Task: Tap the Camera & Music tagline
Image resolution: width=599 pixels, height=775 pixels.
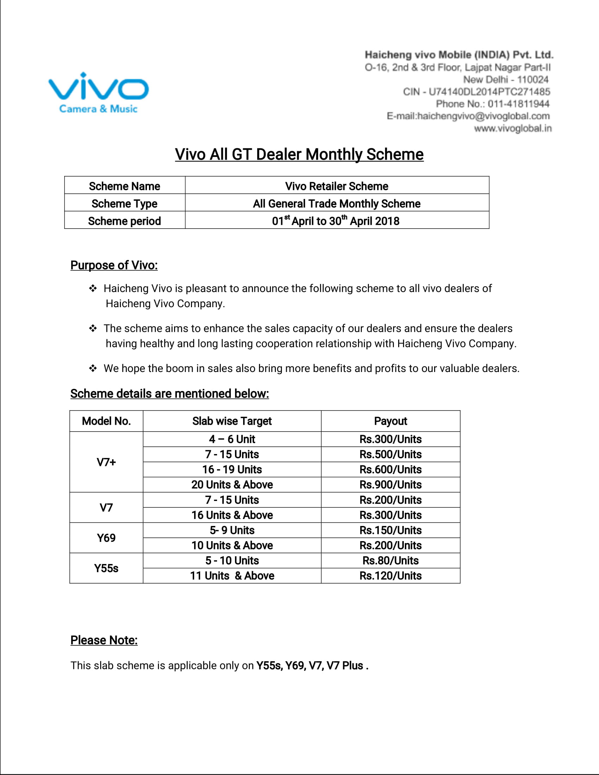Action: click(x=98, y=108)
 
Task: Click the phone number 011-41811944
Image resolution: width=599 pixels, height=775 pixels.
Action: click(x=518, y=104)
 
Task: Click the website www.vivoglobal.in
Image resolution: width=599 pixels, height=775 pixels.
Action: click(x=513, y=128)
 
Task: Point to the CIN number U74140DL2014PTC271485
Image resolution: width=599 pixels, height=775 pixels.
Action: click(x=489, y=92)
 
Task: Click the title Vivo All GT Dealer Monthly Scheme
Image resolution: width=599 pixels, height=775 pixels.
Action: click(x=299, y=154)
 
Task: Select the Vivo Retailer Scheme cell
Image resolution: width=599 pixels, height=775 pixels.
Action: click(x=336, y=186)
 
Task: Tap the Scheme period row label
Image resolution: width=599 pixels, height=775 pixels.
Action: click(x=124, y=221)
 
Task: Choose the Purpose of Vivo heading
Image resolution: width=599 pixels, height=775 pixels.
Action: click(x=114, y=265)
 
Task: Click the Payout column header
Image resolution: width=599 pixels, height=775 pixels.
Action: click(x=390, y=421)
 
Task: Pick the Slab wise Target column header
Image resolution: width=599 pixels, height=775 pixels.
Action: click(x=232, y=421)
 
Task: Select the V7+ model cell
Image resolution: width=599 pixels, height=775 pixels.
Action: click(x=106, y=462)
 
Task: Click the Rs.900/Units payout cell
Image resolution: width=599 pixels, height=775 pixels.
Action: click(x=390, y=484)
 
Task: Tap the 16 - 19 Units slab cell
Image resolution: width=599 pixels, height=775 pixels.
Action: click(x=232, y=470)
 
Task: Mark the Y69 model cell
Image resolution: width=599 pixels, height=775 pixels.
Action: click(x=106, y=538)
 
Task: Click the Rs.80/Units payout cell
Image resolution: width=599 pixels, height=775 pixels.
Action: click(x=390, y=560)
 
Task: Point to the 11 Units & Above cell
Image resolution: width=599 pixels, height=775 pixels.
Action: click(x=232, y=576)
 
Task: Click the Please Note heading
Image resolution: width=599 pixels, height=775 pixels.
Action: click(x=104, y=640)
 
